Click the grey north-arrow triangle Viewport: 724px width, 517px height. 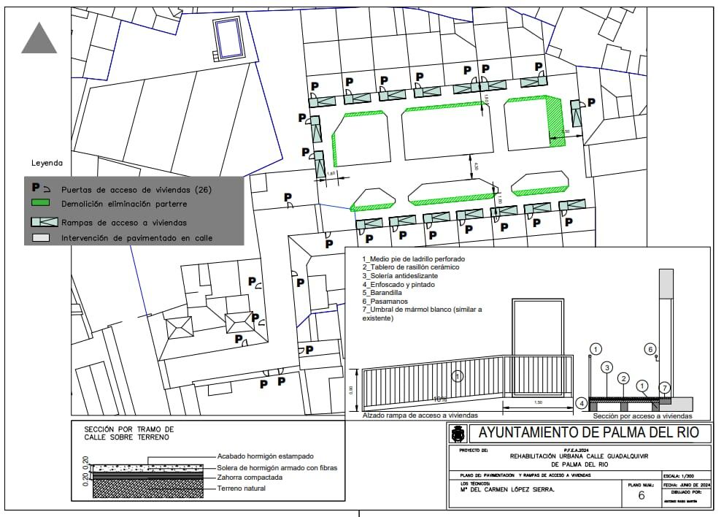(x=39, y=39)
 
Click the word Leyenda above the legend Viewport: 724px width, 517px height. (x=47, y=163)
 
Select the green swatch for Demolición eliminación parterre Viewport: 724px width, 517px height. (x=39, y=203)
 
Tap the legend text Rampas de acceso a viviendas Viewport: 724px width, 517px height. (x=124, y=223)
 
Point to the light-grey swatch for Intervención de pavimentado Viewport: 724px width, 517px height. (x=39, y=237)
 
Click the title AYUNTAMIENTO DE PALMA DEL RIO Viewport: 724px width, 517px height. (x=588, y=432)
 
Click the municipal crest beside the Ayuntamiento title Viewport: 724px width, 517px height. (x=458, y=434)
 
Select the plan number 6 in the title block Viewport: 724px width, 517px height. (x=642, y=495)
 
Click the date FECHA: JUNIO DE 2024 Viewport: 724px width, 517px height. (x=688, y=484)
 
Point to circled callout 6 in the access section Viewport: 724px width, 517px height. (x=650, y=349)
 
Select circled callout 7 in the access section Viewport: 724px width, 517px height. (x=664, y=386)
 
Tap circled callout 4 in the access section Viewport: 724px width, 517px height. (x=581, y=402)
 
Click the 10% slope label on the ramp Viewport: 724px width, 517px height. (x=440, y=399)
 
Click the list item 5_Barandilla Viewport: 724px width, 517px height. (x=382, y=293)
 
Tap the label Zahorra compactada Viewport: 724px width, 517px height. (x=250, y=478)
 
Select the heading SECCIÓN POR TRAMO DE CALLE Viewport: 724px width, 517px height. (x=129, y=433)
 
